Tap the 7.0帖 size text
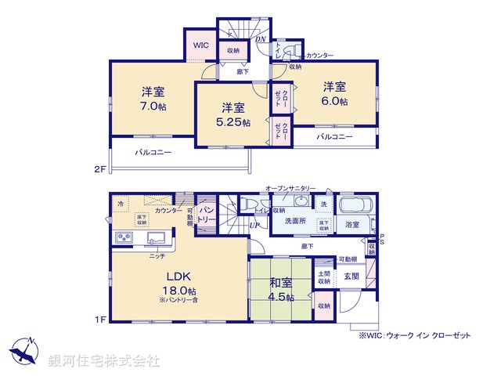pos(153,106)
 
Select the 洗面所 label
pos(295,221)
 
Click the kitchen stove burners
pos(124,237)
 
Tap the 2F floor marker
pos(99,169)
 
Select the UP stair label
pos(254,226)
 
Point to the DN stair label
pos(261,40)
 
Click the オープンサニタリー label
pos(290,189)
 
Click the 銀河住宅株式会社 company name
pos(104,361)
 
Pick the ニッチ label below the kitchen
pos(156,256)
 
